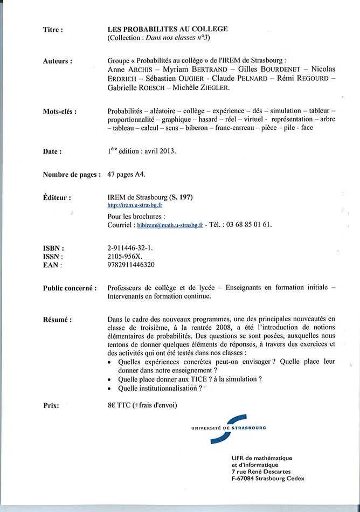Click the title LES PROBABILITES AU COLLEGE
(168, 29)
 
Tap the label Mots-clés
(59, 112)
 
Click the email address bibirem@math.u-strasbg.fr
(170, 225)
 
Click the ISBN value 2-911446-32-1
(130, 248)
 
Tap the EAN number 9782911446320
(131, 265)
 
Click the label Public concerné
(70, 288)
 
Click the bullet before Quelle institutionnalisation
(111, 389)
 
